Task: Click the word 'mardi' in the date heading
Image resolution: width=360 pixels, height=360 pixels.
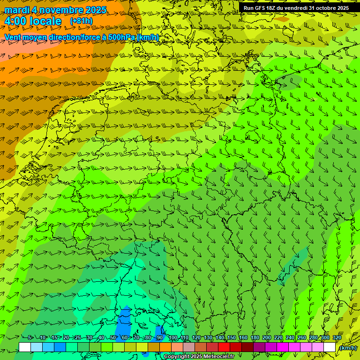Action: (17, 10)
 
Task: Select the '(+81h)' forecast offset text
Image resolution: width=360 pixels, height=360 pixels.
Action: (81, 21)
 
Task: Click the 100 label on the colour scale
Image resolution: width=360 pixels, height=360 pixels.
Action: (172, 337)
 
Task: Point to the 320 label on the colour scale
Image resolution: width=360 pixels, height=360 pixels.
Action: (337, 337)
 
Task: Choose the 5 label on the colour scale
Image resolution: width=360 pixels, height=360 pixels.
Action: (30, 337)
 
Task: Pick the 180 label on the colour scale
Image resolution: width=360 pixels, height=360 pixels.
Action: (255, 337)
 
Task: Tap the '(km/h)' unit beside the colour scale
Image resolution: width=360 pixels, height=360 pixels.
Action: (348, 348)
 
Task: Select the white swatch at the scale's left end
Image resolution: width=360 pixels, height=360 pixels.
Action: (25, 347)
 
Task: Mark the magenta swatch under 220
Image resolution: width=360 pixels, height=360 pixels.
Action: (282, 347)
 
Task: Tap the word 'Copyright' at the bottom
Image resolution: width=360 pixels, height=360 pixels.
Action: (177, 357)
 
